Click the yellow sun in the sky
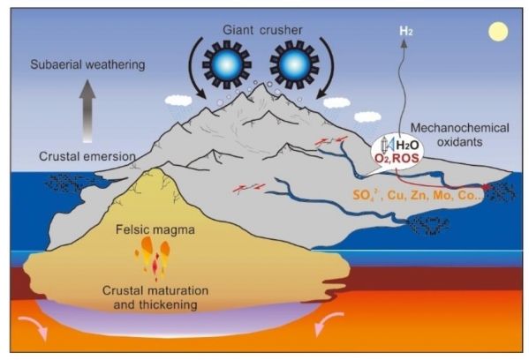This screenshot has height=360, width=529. pyautogui.click(x=498, y=32)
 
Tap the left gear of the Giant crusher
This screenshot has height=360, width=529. pyautogui.click(x=227, y=64)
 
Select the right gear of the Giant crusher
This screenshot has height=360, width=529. pyautogui.click(x=294, y=64)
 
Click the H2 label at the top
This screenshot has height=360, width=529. pyautogui.click(x=406, y=32)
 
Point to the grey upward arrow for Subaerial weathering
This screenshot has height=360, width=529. pyautogui.click(x=87, y=111)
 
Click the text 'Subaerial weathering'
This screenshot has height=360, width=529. pyautogui.click(x=87, y=64)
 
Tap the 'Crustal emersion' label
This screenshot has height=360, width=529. pyautogui.click(x=87, y=156)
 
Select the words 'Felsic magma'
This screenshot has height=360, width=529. pyautogui.click(x=155, y=230)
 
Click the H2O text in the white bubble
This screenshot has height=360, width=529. pyautogui.click(x=407, y=146)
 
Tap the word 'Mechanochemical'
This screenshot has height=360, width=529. pyautogui.click(x=459, y=129)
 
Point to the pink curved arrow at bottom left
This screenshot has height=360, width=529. pyautogui.click(x=33, y=326)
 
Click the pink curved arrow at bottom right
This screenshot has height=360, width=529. pyautogui.click(x=328, y=322)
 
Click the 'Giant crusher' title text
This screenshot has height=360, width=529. pyautogui.click(x=262, y=30)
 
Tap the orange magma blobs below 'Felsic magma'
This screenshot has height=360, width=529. pyautogui.click(x=153, y=257)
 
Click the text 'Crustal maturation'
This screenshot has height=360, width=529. pyautogui.click(x=155, y=290)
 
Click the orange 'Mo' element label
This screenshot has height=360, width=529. pyautogui.click(x=444, y=195)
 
